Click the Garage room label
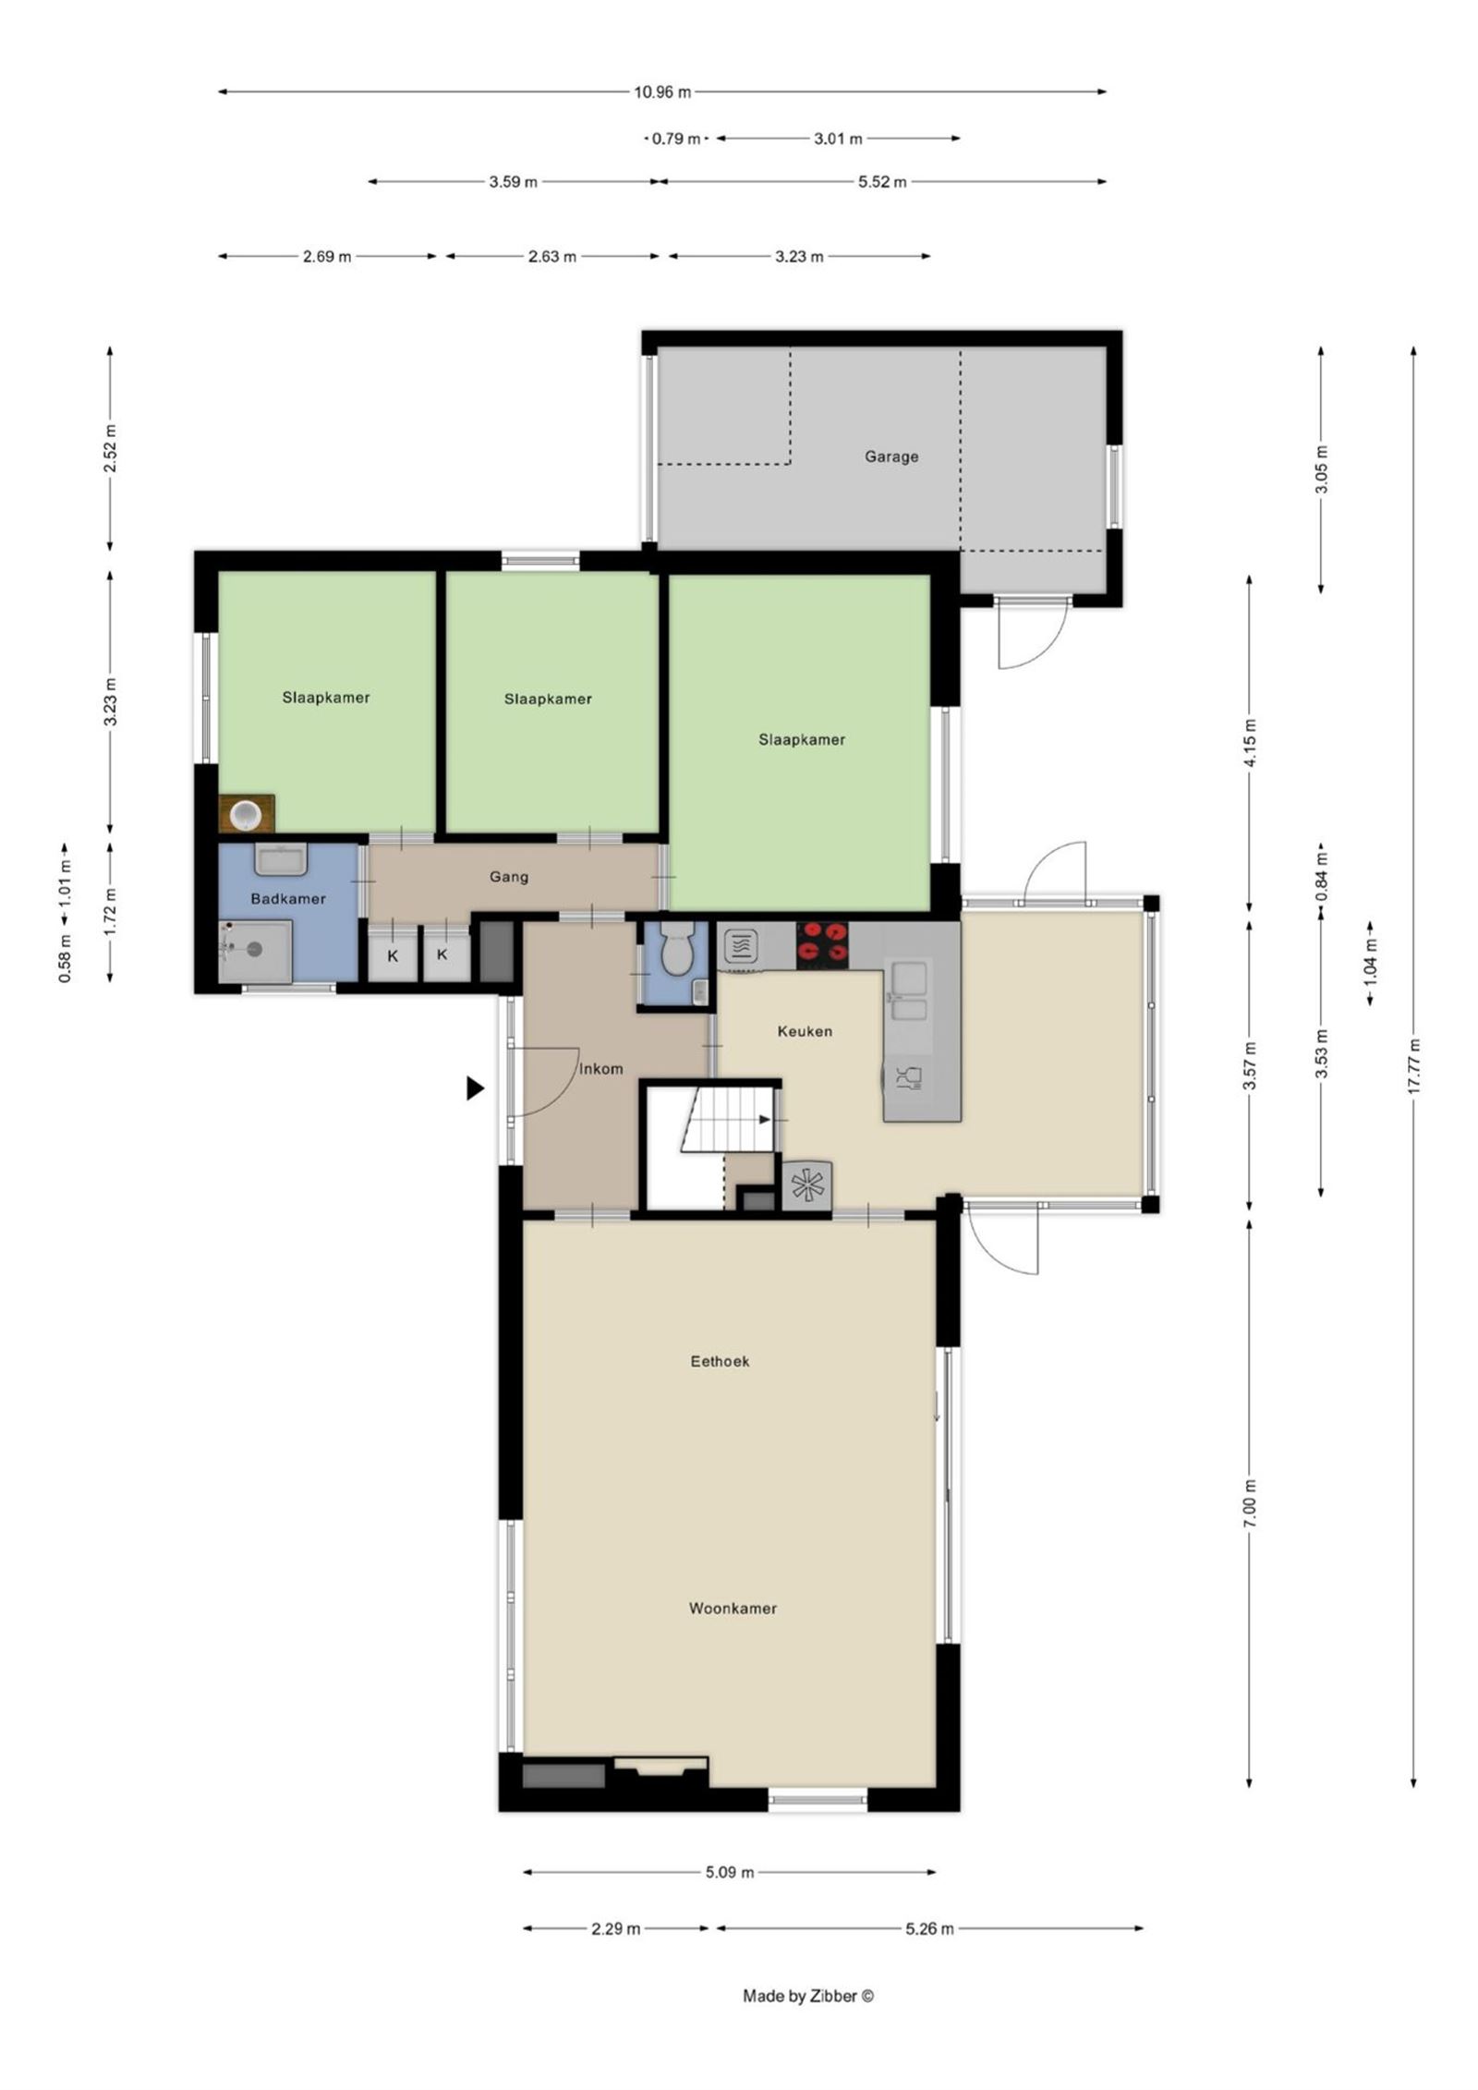(890, 456)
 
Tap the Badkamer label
(288, 898)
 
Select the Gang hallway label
(509, 877)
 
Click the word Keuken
(804, 1031)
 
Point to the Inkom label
(600, 1069)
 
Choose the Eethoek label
(720, 1361)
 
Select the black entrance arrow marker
(475, 1088)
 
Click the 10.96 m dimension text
(661, 91)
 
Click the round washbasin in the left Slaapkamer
(247, 814)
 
